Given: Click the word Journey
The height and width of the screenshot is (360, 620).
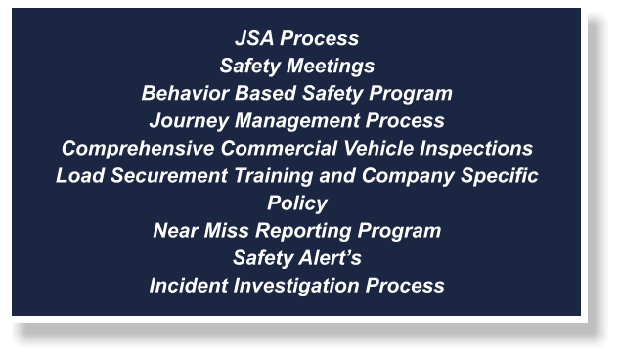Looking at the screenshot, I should pos(184,121).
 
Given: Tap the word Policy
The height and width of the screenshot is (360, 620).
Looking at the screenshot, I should pos(297,203).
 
